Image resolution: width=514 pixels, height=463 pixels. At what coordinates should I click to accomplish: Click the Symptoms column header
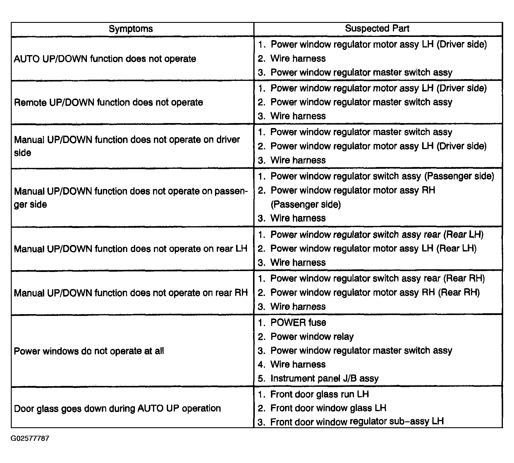[x=131, y=29]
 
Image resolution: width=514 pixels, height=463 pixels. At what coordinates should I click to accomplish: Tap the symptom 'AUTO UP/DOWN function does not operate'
[x=105, y=59]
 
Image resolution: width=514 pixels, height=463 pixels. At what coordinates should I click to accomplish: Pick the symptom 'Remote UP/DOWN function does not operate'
[x=108, y=102]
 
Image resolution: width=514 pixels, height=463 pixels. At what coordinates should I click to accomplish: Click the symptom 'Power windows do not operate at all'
[x=89, y=351]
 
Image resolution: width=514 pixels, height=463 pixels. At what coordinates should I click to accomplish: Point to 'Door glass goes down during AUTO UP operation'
[x=117, y=408]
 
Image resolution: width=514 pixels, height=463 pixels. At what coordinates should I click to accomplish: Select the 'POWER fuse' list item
[x=298, y=322]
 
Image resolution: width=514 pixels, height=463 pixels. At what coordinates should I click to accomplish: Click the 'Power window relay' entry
[x=312, y=336]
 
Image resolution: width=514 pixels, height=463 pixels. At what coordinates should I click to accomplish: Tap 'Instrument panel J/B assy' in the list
[x=324, y=378]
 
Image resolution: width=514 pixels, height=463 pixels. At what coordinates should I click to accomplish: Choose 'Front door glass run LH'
[x=319, y=394]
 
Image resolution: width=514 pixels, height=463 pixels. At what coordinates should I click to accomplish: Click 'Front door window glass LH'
[x=328, y=408]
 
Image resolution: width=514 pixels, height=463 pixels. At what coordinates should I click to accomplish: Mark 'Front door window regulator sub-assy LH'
[x=357, y=422]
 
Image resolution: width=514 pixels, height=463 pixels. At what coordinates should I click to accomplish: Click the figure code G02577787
[x=30, y=438]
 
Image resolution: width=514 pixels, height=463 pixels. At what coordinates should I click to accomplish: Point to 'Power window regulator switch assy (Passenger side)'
[x=382, y=176]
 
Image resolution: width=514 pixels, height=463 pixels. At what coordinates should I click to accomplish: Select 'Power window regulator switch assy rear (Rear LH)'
[x=377, y=234]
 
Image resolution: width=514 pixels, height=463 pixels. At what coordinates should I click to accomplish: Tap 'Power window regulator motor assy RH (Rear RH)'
[x=375, y=292]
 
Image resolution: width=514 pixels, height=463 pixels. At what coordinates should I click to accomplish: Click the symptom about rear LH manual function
[x=130, y=249]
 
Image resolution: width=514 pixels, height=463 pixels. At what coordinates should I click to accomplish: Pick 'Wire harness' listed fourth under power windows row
[x=298, y=364]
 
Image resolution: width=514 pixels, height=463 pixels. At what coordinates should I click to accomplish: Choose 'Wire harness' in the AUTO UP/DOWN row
[x=298, y=58]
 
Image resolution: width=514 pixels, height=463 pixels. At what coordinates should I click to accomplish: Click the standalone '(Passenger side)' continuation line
[x=305, y=204]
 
